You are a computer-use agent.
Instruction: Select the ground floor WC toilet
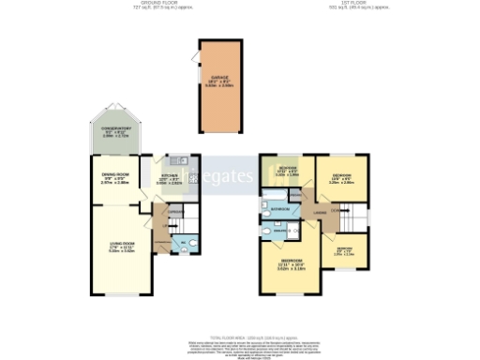point(190,246)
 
